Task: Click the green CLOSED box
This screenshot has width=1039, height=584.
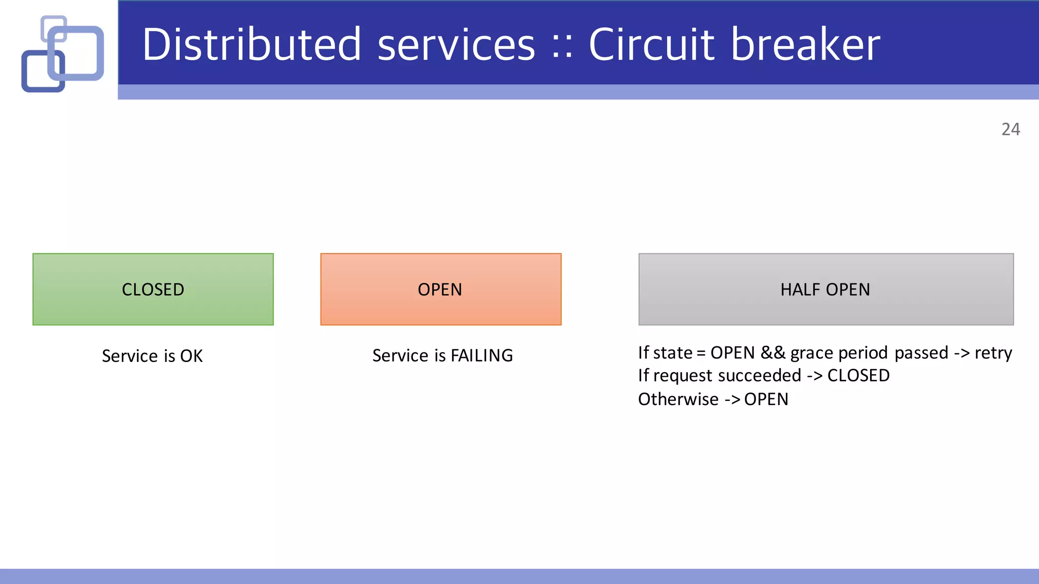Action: (x=153, y=289)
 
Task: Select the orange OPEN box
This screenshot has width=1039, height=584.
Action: (x=440, y=289)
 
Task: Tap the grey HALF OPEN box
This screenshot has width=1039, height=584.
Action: (x=825, y=289)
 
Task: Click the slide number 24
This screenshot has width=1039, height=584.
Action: (x=1011, y=129)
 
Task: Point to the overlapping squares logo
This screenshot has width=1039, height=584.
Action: (x=62, y=53)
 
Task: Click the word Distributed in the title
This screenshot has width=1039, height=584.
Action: (x=252, y=45)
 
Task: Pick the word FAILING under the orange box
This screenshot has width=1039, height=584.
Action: (x=481, y=355)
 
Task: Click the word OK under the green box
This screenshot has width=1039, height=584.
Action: (x=191, y=356)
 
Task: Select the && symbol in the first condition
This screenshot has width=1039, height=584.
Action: (x=773, y=352)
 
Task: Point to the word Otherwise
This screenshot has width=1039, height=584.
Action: (x=678, y=399)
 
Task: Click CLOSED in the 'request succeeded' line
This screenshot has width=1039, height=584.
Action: (x=858, y=376)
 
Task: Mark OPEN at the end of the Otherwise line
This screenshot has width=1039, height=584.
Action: (x=766, y=399)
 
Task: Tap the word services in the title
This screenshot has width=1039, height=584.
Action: (x=456, y=45)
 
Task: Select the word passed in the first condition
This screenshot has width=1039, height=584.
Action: (x=921, y=353)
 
